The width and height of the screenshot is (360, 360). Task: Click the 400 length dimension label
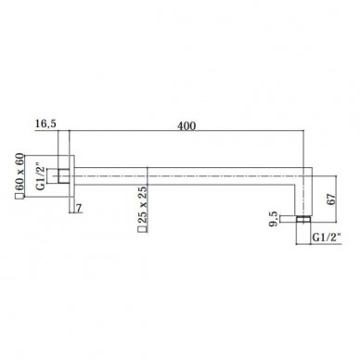[x=186, y=126]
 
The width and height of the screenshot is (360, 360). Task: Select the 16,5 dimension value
[x=45, y=124]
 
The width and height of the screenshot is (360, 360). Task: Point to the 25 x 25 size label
[x=142, y=205]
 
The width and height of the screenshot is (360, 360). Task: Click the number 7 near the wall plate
[x=79, y=209]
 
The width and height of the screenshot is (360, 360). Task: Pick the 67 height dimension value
[x=330, y=199]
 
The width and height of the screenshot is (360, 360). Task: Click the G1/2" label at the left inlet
[x=41, y=178]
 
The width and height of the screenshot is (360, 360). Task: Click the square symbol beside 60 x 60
[x=19, y=196]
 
